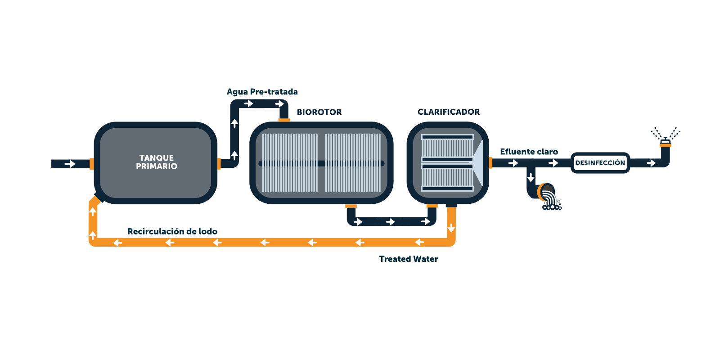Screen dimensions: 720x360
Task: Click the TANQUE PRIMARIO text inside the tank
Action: coord(157,162)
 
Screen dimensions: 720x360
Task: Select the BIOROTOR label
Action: coord(319,112)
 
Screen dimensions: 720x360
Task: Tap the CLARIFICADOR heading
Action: coord(448,112)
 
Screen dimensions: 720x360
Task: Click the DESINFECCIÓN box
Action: coord(600,163)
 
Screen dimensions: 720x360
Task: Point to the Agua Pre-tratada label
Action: coord(262,92)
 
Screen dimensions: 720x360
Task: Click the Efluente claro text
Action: coord(529,152)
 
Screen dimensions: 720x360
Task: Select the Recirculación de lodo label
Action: coord(172,231)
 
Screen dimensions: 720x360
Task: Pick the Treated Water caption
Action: coord(409,259)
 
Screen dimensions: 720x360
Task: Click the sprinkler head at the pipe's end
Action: coord(666,142)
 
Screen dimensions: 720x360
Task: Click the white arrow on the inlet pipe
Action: coord(70,164)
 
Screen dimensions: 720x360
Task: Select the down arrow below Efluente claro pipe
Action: coord(531,177)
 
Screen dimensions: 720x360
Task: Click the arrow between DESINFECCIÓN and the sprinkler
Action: coord(651,163)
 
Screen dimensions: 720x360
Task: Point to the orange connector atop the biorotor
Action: coord(284,120)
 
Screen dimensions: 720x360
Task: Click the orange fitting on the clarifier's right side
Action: coord(490,162)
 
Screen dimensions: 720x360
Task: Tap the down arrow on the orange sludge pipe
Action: coord(451,228)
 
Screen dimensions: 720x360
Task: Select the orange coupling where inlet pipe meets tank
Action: coord(92,164)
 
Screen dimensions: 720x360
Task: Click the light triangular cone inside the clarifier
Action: coord(478,163)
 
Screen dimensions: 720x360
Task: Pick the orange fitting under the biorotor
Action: coord(351,206)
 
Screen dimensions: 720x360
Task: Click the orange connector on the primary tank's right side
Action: coord(219,164)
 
